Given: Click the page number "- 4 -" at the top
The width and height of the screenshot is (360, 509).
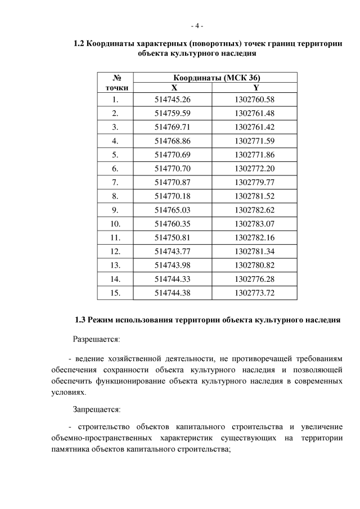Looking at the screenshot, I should (196, 26).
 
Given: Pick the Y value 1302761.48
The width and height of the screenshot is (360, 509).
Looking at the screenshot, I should (255, 114).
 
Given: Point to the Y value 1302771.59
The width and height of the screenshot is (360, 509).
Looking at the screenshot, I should (255, 141).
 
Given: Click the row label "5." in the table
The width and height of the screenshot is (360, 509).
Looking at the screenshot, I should (115, 155).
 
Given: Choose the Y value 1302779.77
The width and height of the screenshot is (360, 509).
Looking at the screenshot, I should (255, 182).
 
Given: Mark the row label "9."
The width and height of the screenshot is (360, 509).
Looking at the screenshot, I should (115, 209).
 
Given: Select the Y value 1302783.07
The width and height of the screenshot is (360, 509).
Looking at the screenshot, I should (255, 223).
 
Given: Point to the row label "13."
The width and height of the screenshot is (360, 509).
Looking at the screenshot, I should (115, 264).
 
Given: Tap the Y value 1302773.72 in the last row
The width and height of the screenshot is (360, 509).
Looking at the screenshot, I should (255, 292).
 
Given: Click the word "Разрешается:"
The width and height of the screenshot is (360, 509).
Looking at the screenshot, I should (96, 339).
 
